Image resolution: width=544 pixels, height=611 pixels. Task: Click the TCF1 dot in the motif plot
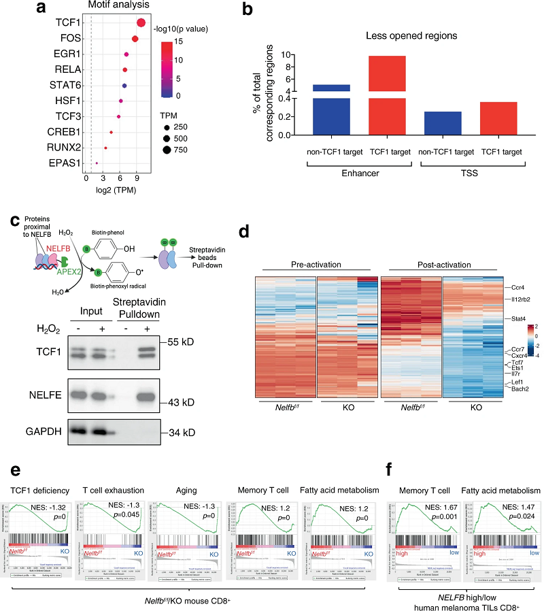click(x=141, y=23)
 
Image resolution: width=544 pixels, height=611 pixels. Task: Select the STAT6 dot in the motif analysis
click(x=124, y=86)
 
